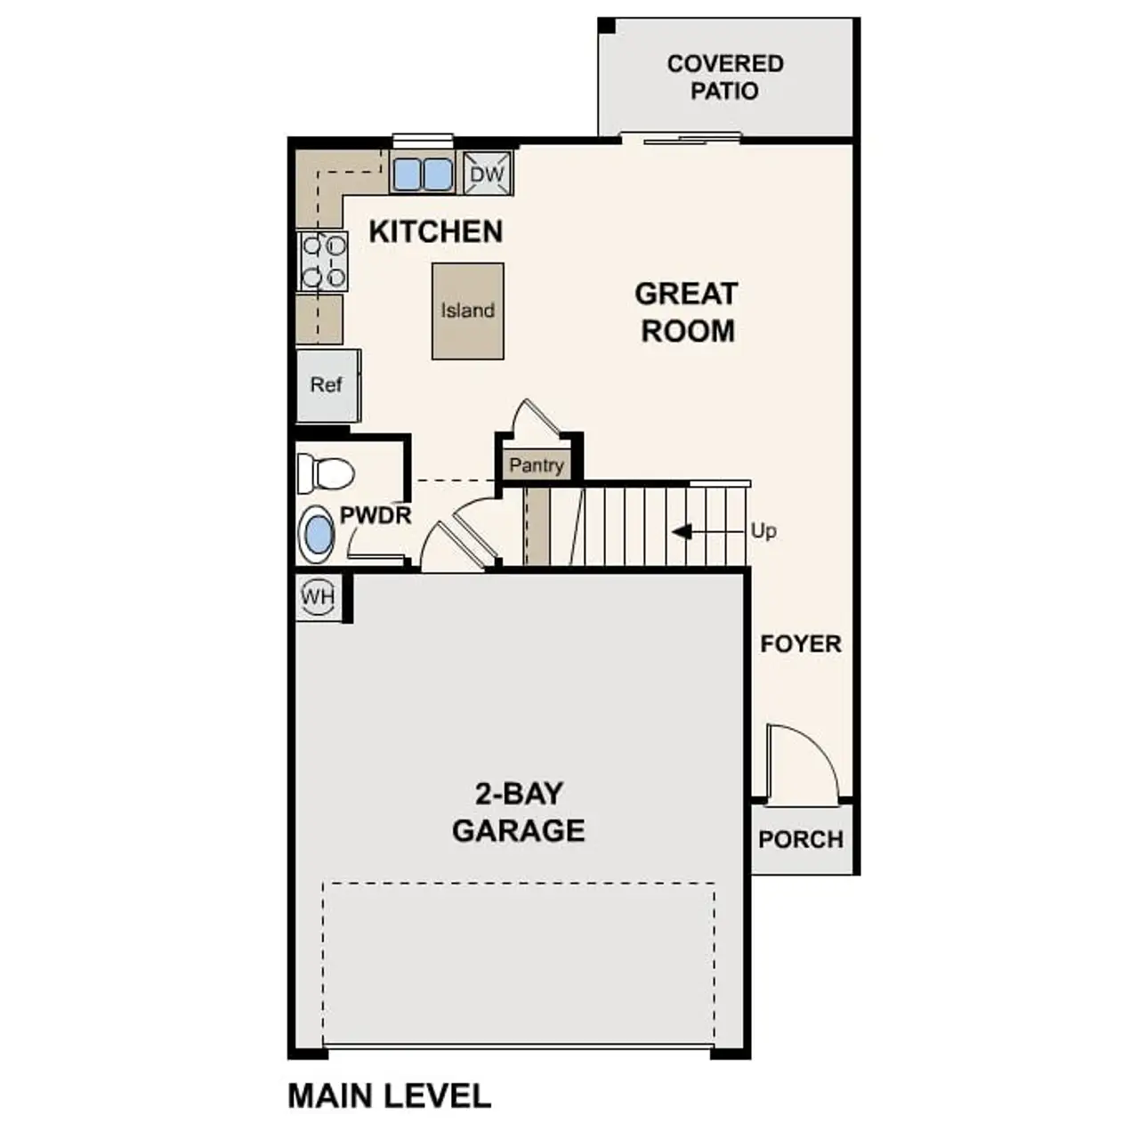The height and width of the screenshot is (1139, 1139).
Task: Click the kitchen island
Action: click(x=467, y=311)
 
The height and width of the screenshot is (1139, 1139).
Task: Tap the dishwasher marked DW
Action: click(x=487, y=174)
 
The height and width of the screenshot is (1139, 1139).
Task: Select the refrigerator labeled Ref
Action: click(x=327, y=384)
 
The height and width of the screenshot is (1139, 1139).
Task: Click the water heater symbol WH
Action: click(x=318, y=596)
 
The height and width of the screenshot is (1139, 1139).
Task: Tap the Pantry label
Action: click(x=537, y=465)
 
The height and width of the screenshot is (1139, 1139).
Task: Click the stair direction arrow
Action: click(x=683, y=532)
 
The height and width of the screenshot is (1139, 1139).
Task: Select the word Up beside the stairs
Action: click(x=763, y=531)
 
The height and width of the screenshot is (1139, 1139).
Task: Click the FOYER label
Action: click(x=800, y=643)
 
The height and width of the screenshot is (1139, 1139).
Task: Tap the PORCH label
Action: click(x=800, y=839)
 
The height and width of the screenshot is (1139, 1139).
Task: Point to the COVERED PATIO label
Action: click(x=724, y=77)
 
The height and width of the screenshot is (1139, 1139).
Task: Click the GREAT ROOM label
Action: click(x=687, y=312)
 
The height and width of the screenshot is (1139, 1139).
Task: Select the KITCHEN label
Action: click(x=436, y=231)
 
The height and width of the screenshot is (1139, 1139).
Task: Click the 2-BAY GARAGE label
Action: click(x=518, y=812)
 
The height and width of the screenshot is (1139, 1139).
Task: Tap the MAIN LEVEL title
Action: click(x=389, y=1095)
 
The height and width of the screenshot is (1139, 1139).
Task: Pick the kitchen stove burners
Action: click(x=323, y=261)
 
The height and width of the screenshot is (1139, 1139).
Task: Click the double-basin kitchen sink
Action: click(x=422, y=174)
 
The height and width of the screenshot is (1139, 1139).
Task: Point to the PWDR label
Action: click(x=376, y=515)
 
